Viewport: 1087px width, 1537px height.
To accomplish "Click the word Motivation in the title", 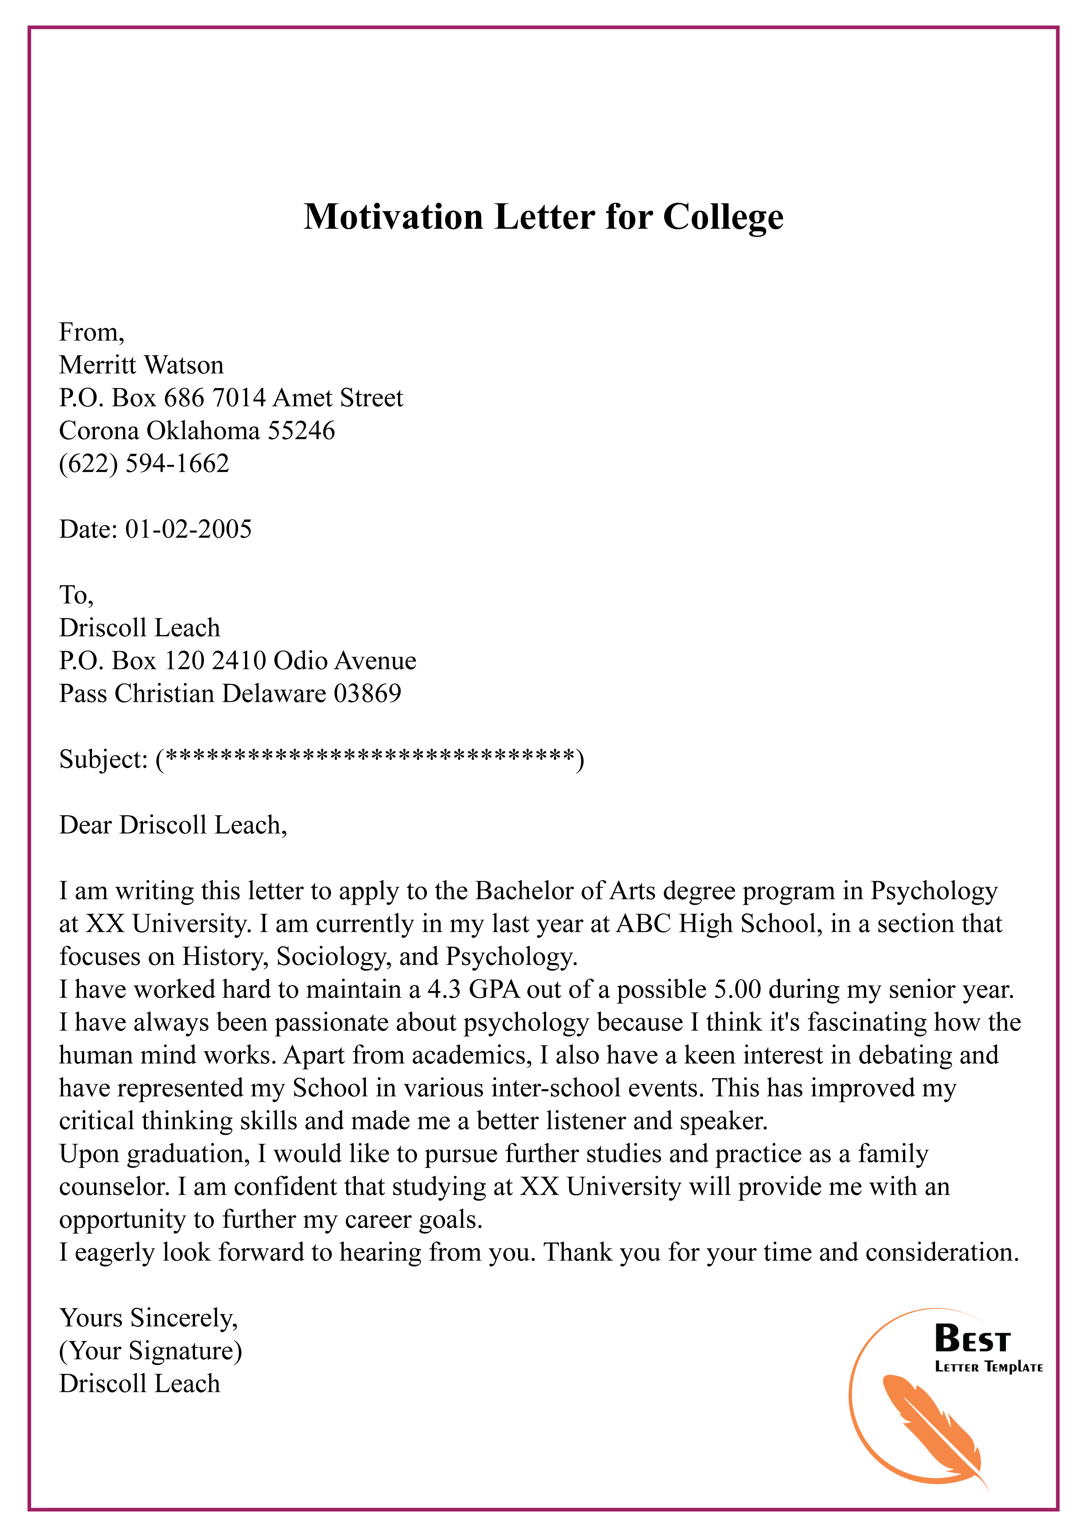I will click(x=393, y=217).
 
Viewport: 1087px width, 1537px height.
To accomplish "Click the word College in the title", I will click(x=723, y=217).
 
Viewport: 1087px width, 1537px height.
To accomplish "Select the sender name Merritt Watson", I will click(x=141, y=365).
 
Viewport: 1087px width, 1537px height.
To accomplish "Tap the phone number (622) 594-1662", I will click(x=144, y=463).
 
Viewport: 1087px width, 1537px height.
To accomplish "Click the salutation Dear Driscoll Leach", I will click(x=173, y=825).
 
